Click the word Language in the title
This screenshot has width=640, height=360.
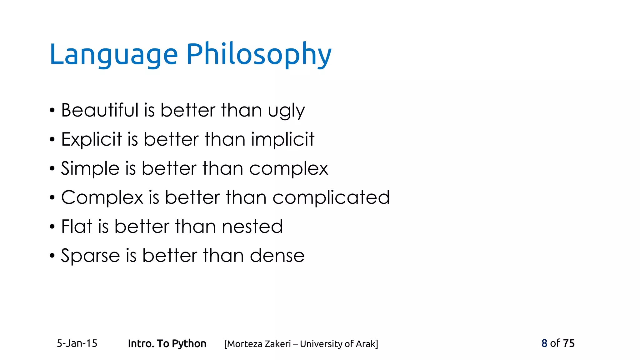pyautogui.click(x=113, y=55)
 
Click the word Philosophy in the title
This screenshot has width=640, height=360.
pyautogui.click(x=259, y=55)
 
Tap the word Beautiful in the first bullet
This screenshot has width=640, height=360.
pyautogui.click(x=100, y=110)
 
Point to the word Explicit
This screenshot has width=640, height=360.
pyautogui.click(x=91, y=139)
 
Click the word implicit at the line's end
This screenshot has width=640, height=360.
pyautogui.click(x=282, y=140)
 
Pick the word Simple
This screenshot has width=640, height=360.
pyautogui.click(x=90, y=169)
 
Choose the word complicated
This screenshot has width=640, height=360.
pyautogui.click(x=331, y=198)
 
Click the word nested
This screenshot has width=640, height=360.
pyautogui.click(x=252, y=227)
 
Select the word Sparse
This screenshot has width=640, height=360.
pyautogui.click(x=90, y=256)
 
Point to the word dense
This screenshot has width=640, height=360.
pyautogui.click(x=277, y=256)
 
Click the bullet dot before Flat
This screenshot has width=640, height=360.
pyautogui.click(x=52, y=227)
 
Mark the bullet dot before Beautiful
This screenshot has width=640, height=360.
pyautogui.click(x=52, y=111)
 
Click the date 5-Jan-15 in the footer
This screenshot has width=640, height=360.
pyautogui.click(x=77, y=343)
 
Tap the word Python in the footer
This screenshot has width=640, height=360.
pyautogui.click(x=189, y=344)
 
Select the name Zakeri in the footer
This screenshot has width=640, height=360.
pyautogui.click(x=278, y=344)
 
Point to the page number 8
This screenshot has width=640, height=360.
pyautogui.click(x=544, y=343)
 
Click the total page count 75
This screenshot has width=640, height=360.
pyautogui.click(x=569, y=343)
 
